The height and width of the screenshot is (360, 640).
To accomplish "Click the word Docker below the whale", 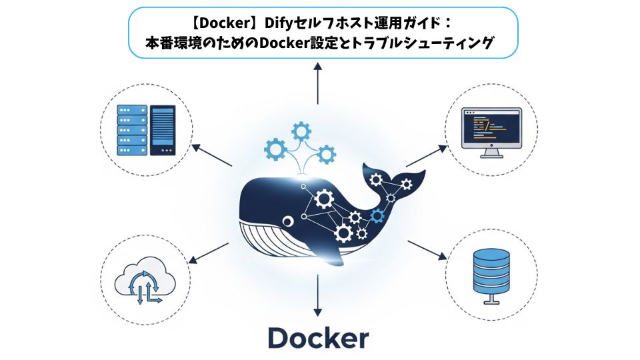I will point(318,337).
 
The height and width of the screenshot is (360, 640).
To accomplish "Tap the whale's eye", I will point(287,220).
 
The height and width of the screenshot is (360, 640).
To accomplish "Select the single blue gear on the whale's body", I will point(378,215).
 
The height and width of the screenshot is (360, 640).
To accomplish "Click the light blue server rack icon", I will point(132,130).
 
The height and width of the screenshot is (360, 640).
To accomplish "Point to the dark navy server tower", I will point(163,130).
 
